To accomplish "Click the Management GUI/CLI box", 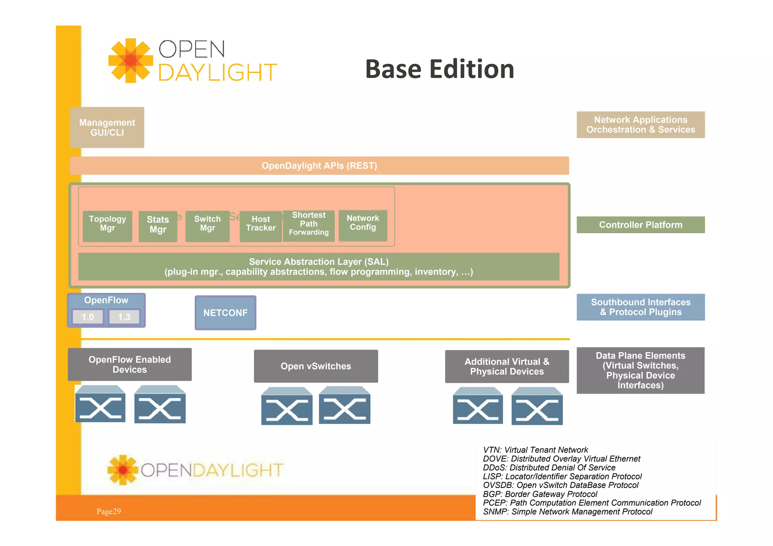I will tap(107, 128).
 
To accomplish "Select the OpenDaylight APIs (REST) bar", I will tap(319, 166).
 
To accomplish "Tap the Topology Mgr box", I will tap(107, 226).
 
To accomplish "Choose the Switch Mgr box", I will tap(207, 226).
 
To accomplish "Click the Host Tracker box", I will tap(260, 226).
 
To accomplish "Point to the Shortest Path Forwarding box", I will tap(308, 226).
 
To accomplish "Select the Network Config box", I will tap(363, 225).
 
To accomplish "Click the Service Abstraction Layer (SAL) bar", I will tap(319, 267).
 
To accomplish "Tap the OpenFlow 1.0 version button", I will tap(88, 317).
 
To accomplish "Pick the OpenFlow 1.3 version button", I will tap(124, 317).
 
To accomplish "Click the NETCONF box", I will tap(225, 313).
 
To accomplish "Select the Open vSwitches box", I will tap(316, 366).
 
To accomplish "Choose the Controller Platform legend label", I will tap(641, 225).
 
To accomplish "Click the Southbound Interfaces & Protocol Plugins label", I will tap(641, 307).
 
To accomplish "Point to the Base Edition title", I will tap(439, 69).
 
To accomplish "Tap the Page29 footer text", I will tap(109, 511).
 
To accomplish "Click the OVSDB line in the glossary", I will tap(561, 485).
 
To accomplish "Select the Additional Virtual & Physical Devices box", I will tap(507, 366).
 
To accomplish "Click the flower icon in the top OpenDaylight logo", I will tap(131, 60).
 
